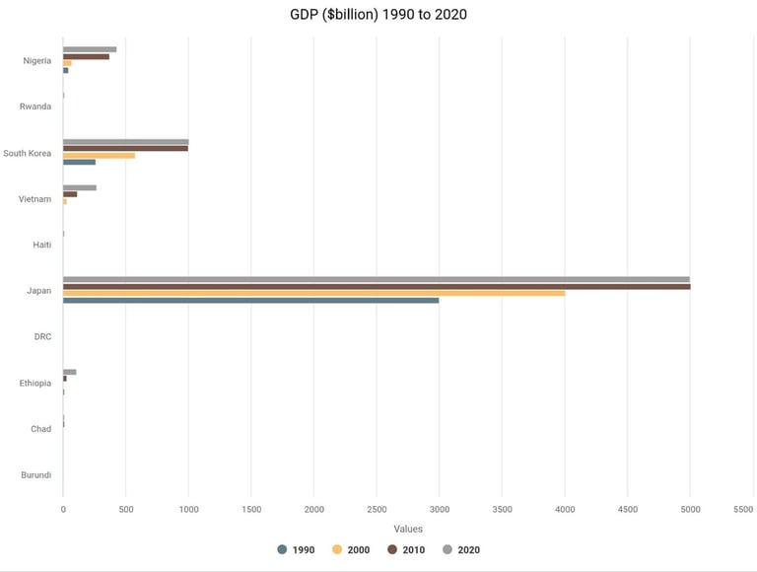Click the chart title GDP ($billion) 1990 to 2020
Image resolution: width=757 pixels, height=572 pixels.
[378, 15]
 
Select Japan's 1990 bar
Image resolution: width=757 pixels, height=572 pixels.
[250, 300]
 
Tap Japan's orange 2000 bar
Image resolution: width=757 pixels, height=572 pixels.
[313, 293]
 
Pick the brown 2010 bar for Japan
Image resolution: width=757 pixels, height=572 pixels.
[377, 286]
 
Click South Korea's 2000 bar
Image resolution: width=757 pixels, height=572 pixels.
[99, 155]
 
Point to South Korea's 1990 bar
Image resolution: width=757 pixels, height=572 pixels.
[79, 162]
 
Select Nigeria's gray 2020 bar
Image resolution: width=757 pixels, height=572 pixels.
[90, 49]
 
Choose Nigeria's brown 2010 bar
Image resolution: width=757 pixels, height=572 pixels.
[86, 56]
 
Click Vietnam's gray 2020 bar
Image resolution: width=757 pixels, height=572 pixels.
[80, 187]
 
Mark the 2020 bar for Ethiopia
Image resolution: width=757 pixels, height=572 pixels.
[69, 372]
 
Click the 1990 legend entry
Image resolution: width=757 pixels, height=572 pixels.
[295, 549]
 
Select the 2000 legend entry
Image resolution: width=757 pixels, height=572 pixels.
[350, 549]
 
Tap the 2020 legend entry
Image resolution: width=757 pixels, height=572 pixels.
[460, 549]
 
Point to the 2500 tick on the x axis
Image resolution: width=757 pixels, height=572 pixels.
[377, 510]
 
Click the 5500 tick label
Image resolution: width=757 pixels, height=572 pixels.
[743, 510]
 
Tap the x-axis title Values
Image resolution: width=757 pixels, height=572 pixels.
[408, 530]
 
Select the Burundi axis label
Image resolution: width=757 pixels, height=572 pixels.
[35, 474]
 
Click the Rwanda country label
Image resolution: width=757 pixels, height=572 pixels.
[35, 107]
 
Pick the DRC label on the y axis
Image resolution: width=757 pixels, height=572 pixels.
[42, 336]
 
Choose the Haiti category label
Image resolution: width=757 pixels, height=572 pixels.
[41, 245]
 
